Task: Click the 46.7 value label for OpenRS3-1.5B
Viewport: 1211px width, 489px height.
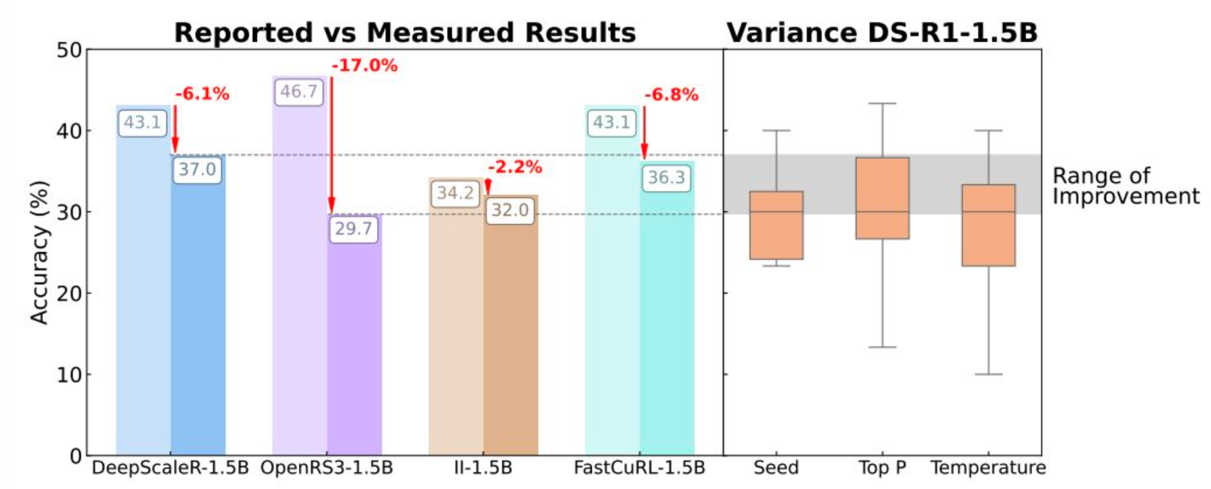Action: coord(299,92)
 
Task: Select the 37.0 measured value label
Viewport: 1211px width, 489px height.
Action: coord(197,169)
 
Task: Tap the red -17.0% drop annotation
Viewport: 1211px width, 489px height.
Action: coord(365,65)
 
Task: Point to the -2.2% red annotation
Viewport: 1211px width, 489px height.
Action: coord(515,167)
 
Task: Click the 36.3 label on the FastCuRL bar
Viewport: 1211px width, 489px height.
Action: coord(666,178)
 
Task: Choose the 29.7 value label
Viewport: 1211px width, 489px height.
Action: coord(353,229)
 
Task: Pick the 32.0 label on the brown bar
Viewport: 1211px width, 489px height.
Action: coord(509,211)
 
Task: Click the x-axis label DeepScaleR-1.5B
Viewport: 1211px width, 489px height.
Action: coord(170,468)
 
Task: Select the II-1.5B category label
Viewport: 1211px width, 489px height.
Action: coord(483,468)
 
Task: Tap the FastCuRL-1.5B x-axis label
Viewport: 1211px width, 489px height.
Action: coord(639,468)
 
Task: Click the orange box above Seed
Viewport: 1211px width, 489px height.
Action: coord(776,225)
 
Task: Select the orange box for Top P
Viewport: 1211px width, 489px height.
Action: coord(882,198)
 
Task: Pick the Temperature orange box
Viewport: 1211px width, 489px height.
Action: coord(988,225)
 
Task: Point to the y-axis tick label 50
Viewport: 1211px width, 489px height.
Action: coord(69,50)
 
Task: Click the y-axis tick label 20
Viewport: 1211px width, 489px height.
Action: coord(69,294)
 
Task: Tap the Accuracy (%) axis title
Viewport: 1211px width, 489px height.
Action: coord(39,252)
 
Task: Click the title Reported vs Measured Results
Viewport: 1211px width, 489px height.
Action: coord(405,33)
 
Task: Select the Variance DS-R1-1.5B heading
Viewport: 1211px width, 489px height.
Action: coord(882,33)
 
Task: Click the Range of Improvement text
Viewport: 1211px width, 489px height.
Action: coord(1125,186)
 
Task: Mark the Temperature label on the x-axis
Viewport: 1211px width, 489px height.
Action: coord(988,468)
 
